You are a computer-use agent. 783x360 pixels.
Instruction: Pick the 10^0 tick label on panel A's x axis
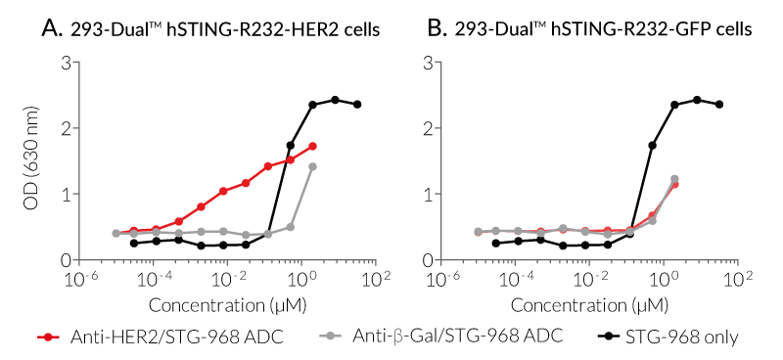(301, 281)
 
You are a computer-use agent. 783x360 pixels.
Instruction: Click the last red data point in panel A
(312, 146)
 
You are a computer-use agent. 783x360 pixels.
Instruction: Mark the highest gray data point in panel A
(312, 166)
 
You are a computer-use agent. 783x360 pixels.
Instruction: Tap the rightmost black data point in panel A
(357, 104)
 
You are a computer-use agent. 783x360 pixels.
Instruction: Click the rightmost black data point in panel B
(719, 104)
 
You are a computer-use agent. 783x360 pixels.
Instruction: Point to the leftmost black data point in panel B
(496, 243)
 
